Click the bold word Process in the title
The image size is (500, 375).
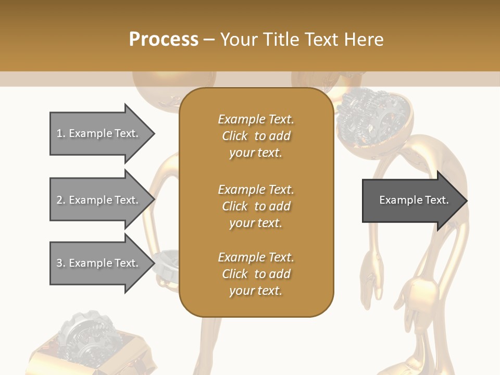[x=164, y=39]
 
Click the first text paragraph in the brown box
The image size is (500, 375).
[x=256, y=136]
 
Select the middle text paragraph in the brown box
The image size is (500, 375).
[x=256, y=206]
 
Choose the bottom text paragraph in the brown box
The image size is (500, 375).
[x=256, y=274]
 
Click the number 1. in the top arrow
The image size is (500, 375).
[x=61, y=133]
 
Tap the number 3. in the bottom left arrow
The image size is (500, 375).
[x=61, y=263]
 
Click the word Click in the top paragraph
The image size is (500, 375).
[x=235, y=136]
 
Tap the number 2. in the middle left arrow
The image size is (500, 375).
[x=61, y=200]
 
